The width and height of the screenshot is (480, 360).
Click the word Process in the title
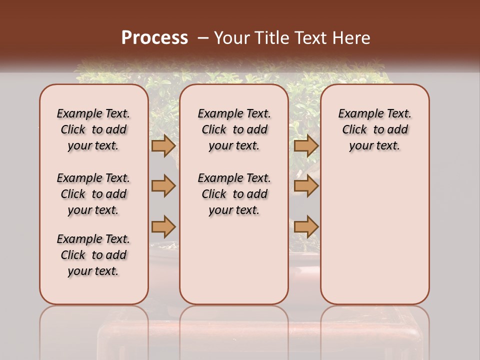[x=154, y=38]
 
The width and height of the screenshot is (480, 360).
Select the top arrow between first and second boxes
[x=163, y=145]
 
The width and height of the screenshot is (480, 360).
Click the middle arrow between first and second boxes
[x=163, y=186]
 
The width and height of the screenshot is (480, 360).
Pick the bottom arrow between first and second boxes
[x=163, y=226]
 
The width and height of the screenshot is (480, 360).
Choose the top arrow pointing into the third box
[x=306, y=145]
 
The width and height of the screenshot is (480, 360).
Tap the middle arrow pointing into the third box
[x=306, y=186]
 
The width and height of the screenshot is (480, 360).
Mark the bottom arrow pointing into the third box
[x=306, y=226]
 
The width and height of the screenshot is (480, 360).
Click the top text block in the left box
[x=93, y=129]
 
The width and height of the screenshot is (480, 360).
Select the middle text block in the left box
[x=93, y=194]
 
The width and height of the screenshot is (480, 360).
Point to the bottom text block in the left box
[x=93, y=255]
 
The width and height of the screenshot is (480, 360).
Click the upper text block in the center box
[x=234, y=129]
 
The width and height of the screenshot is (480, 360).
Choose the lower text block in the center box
[x=234, y=194]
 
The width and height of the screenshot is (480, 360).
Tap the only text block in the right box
[x=375, y=129]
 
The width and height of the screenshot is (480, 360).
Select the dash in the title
[x=203, y=38]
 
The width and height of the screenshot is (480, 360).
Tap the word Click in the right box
[x=355, y=130]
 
